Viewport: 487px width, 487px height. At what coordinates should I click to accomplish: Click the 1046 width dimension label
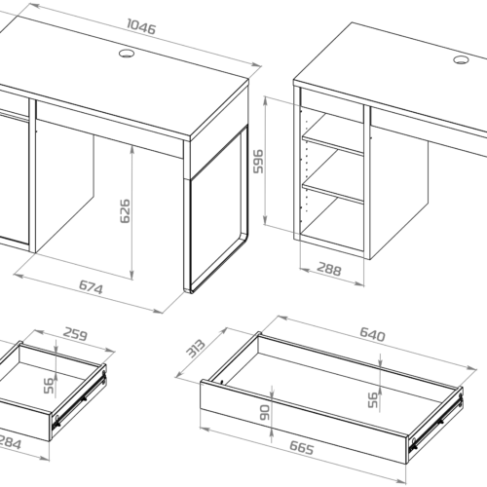[x=141, y=26]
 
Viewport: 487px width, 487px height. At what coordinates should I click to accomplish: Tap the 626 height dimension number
[x=125, y=211]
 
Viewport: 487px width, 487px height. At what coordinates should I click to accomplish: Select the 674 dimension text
[x=91, y=287]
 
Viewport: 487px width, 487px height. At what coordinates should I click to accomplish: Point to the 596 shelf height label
[x=258, y=162]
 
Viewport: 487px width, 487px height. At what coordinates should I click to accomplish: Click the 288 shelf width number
[x=329, y=269]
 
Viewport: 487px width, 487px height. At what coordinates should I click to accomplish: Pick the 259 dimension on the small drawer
[x=75, y=334]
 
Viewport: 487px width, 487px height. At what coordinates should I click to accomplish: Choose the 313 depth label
[x=196, y=349]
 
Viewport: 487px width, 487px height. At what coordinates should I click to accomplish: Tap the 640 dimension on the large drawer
[x=372, y=334]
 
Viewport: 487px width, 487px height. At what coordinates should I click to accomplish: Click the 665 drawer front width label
[x=302, y=448]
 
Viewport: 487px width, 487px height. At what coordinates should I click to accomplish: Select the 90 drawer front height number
[x=265, y=412]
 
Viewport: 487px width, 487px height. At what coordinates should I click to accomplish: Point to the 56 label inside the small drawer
[x=49, y=386]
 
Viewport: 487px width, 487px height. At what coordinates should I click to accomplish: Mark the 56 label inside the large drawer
[x=373, y=399]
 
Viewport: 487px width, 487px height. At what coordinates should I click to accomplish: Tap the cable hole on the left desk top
[x=127, y=53]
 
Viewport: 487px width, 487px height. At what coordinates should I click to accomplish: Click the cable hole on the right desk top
[x=462, y=59]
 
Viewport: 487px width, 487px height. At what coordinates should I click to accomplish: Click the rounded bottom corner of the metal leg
[x=243, y=237]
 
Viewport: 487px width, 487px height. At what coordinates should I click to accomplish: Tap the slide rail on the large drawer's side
[x=436, y=421]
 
